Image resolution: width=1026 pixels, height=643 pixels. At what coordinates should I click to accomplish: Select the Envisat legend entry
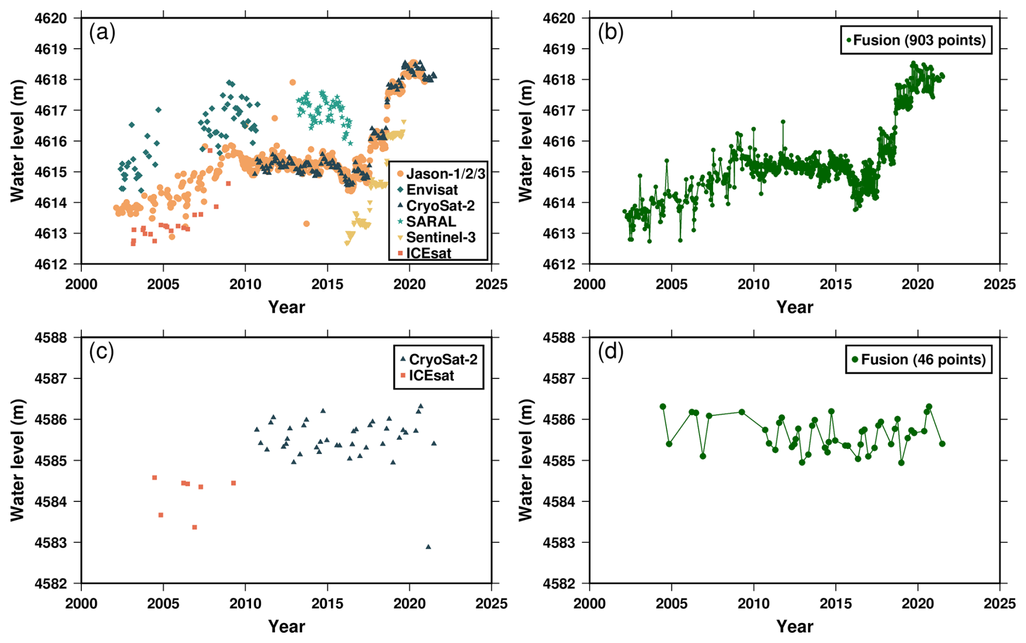[x=432, y=190]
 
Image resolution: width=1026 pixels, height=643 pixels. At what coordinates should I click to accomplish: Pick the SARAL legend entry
[x=431, y=221]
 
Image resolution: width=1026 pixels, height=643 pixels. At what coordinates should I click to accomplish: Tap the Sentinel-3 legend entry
[x=440, y=237]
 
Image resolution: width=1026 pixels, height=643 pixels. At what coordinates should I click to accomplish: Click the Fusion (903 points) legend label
[x=919, y=40]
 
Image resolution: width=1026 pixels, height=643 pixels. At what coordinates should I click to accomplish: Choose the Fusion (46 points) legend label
[x=923, y=359]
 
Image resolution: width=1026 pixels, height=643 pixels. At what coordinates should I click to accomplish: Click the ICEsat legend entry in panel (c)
[x=431, y=375]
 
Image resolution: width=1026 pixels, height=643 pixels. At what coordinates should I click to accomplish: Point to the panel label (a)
[x=102, y=33]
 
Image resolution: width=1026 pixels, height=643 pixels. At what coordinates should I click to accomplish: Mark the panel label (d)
[x=611, y=352]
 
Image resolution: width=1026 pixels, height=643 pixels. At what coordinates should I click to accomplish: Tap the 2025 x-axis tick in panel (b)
[x=999, y=284]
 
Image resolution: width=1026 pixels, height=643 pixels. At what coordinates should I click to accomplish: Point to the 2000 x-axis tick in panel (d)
[x=589, y=603]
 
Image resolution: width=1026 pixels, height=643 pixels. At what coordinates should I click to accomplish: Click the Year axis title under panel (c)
[x=286, y=627]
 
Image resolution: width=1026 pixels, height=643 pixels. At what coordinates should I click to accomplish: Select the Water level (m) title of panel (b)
[x=525, y=141]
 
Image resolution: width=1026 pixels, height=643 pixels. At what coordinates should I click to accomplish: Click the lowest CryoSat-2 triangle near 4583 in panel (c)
[x=428, y=546]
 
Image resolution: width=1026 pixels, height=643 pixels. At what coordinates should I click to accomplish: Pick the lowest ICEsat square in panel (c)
[x=195, y=527]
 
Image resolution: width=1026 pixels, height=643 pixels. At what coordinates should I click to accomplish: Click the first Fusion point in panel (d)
[x=663, y=407]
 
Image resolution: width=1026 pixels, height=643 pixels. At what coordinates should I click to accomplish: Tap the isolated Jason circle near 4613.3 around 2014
[x=306, y=224]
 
